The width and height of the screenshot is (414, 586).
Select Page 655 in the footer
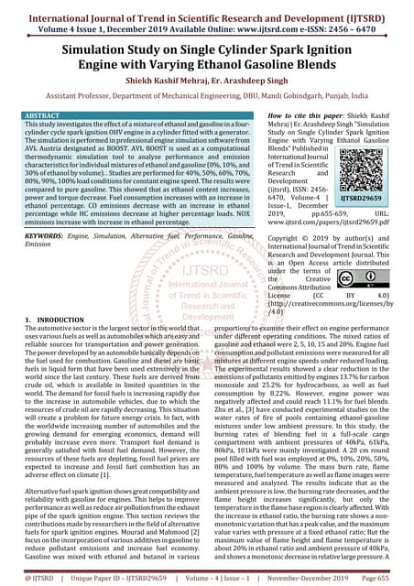tap(386, 580)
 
